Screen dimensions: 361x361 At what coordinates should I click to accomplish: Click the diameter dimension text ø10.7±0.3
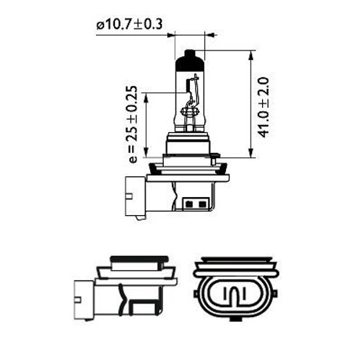[129, 25]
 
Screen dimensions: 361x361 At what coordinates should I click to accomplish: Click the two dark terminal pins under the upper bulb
[193, 204]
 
